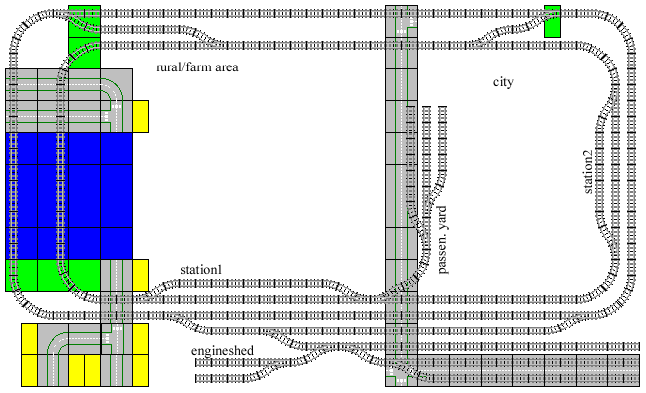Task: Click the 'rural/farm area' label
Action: click(x=199, y=66)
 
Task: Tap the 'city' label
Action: click(x=504, y=81)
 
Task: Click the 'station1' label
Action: click(x=200, y=270)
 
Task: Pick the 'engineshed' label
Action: click(x=222, y=351)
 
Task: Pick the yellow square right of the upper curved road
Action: click(x=140, y=116)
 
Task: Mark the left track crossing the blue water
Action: click(x=14, y=195)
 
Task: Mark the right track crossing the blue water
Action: click(x=61, y=195)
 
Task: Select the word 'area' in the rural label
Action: click(x=228, y=66)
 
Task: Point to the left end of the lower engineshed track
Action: click(x=196, y=377)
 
